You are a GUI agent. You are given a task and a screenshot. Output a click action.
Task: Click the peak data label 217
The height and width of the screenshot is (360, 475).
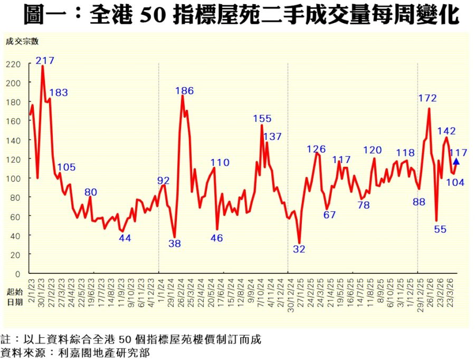(45, 60)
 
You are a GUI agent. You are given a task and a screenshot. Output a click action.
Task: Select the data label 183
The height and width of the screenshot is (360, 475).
(58, 92)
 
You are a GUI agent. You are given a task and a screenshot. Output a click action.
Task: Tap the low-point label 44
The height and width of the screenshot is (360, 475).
(125, 238)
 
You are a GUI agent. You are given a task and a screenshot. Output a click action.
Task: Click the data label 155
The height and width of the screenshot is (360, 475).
(262, 118)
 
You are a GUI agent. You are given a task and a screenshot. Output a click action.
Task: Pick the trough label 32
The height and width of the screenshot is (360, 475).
(299, 249)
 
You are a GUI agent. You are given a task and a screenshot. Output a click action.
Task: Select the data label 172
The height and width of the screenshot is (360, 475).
(427, 98)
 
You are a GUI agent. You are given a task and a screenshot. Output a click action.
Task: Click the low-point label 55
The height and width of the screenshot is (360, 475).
(441, 229)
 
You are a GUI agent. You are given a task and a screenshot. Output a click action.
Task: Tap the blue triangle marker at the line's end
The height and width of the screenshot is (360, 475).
(456, 162)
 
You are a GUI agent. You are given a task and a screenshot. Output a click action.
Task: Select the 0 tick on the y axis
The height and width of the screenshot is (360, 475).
(18, 274)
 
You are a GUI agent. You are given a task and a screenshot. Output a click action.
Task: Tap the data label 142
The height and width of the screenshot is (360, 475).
(446, 131)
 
